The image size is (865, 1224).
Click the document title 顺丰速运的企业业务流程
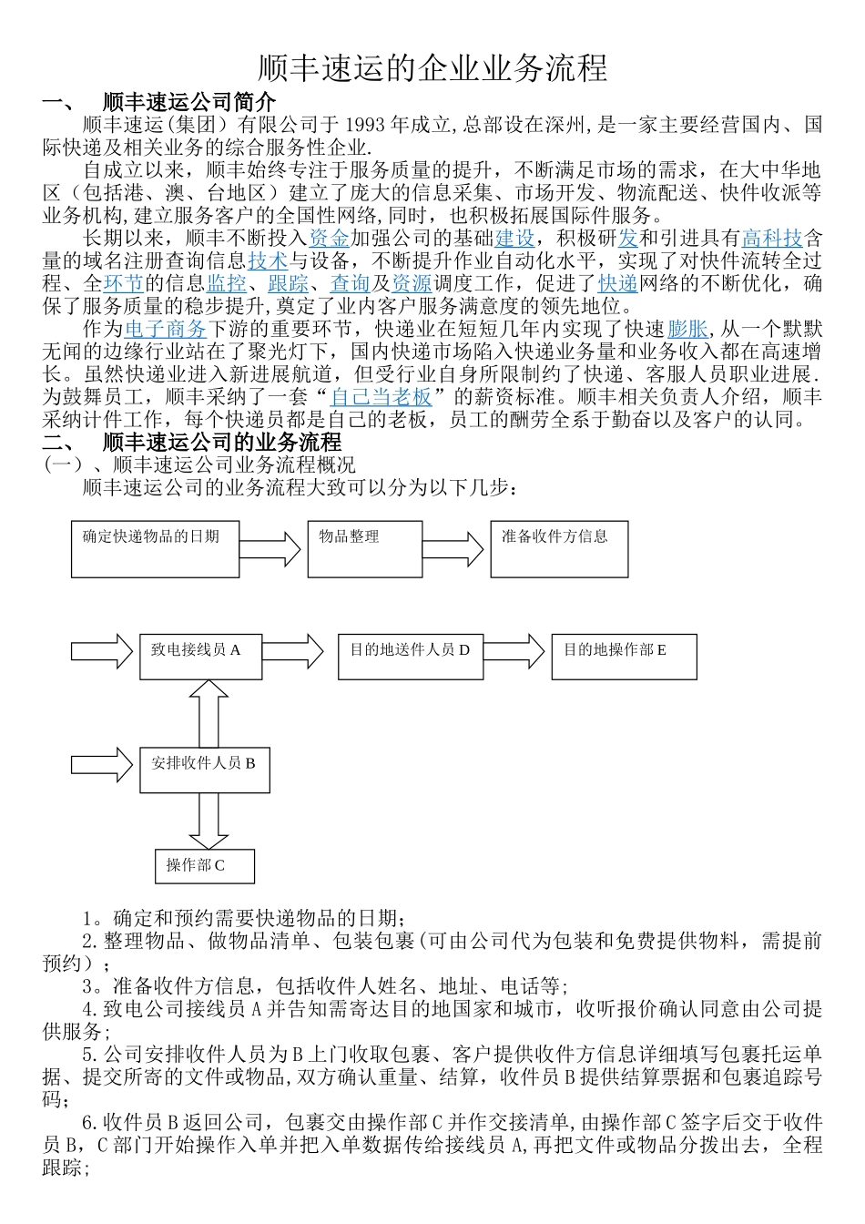[432, 68]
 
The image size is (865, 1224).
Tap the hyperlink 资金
[329, 239]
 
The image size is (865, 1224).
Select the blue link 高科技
[772, 239]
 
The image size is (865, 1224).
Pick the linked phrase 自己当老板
[381, 397]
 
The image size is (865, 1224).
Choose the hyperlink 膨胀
[687, 329]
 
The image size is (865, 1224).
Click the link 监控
[226, 284]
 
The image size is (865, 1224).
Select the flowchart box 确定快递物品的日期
[155, 549]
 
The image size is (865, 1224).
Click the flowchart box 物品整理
[364, 549]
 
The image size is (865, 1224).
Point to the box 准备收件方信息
[559, 549]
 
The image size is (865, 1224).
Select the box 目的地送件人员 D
[410, 657]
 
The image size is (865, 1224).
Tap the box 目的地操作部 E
[624, 657]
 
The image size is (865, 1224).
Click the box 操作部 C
[204, 866]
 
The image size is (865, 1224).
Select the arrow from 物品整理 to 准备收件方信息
[453, 549]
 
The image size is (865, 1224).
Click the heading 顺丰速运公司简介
[188, 102]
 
